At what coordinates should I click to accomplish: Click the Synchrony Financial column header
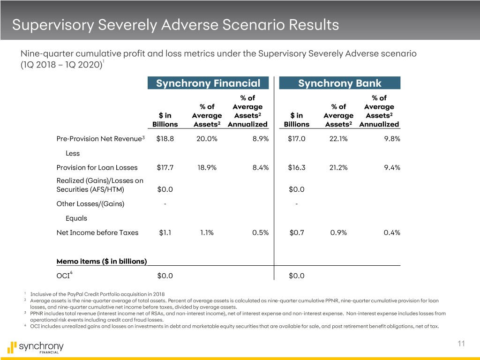pos(208,83)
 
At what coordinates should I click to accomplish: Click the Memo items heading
pos(102,261)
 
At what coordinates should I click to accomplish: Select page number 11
pos(461,344)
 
